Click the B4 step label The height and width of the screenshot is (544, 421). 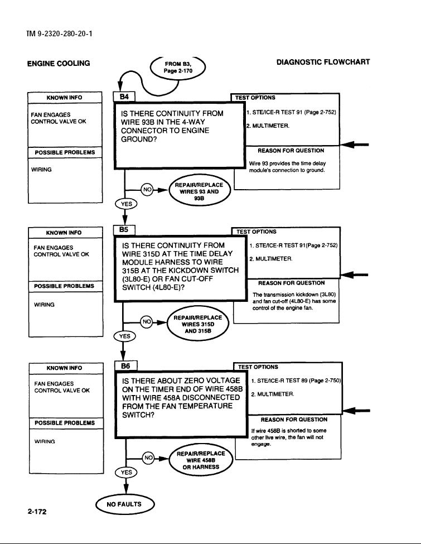point(124,97)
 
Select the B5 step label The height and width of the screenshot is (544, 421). point(124,230)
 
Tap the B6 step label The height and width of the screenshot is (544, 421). point(125,365)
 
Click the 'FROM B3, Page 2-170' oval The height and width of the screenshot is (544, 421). point(178,68)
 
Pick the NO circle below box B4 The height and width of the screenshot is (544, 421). point(147,190)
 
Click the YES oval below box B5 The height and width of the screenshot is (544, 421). point(124,336)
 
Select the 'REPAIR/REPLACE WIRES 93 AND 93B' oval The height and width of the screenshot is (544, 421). point(200,191)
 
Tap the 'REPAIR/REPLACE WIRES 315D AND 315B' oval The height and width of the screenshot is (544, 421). point(198,324)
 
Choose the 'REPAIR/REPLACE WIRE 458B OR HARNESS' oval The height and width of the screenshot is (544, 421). point(201,460)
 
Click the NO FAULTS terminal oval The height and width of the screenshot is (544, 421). point(124,504)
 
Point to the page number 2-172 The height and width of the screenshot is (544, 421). point(37,512)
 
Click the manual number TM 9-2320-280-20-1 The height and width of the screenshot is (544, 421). point(59,34)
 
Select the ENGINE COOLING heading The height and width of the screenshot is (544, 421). point(59,64)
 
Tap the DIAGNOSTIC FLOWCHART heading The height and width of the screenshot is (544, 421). point(323,62)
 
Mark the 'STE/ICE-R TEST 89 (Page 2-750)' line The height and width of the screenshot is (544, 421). point(297,381)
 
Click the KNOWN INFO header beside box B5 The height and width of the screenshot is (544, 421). point(64,233)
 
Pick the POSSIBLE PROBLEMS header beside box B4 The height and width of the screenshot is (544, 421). point(65,153)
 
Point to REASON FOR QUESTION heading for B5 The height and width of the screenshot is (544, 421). point(291,283)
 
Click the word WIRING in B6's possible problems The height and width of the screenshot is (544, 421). point(45,442)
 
